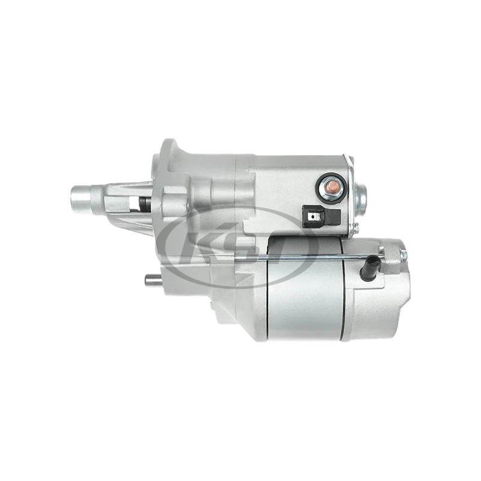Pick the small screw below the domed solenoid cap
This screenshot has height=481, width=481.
click(x=355, y=227)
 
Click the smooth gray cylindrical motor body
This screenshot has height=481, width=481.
click(x=301, y=301)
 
